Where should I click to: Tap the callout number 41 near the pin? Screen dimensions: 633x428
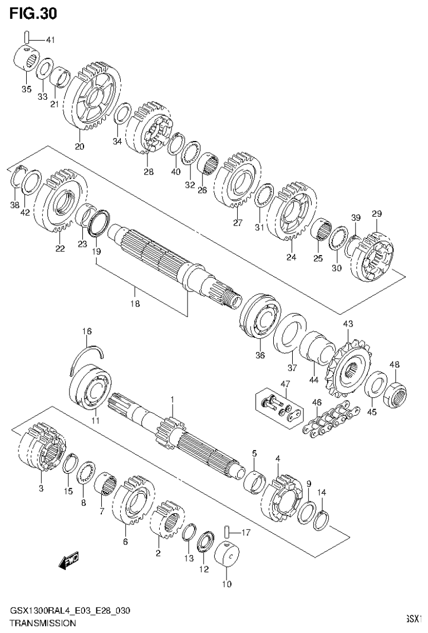[x=51, y=40]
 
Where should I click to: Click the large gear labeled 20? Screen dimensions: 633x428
[x=92, y=100]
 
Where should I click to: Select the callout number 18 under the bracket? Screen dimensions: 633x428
[x=135, y=304]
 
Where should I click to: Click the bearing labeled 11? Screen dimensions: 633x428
[x=92, y=389]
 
